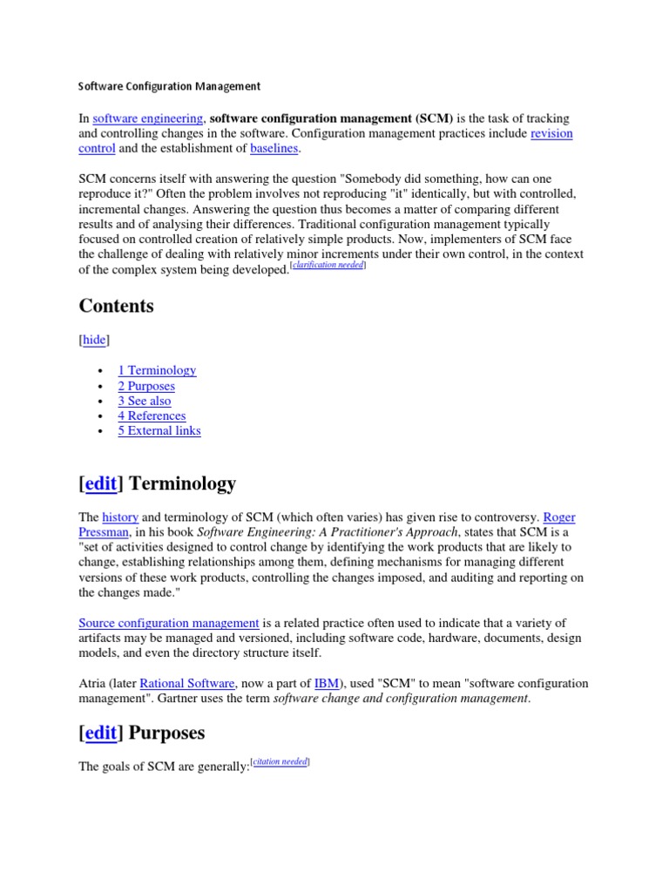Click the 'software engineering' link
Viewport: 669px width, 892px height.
coord(148,118)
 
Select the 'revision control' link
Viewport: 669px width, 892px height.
coord(551,133)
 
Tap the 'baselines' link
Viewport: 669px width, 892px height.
coord(274,149)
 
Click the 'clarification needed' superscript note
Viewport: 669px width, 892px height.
coord(328,265)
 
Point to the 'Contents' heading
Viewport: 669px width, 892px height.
coord(116,306)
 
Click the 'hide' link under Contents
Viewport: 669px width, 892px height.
coord(94,340)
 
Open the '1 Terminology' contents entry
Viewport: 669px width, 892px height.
coord(157,370)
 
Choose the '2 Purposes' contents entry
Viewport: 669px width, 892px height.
coord(146,386)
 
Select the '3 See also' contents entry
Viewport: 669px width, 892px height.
coord(145,401)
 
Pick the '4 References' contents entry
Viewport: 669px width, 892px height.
coord(152,416)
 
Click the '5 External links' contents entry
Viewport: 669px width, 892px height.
coord(159,430)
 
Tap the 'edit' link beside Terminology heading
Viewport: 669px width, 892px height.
coord(101,483)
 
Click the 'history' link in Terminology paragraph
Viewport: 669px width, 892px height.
coord(120,517)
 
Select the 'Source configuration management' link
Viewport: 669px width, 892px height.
coord(169,623)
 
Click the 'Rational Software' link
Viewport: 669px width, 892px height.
coord(187,684)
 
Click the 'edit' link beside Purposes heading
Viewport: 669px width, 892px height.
coord(101,733)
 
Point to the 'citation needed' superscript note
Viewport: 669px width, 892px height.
coord(280,762)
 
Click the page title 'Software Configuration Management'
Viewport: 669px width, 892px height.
coord(169,86)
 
